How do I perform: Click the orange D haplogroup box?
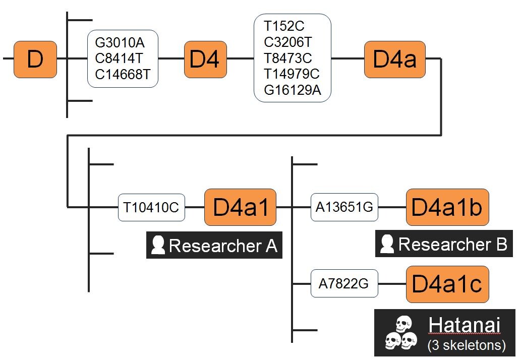click(x=35, y=59)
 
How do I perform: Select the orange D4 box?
click(x=205, y=59)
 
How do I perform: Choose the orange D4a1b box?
click(x=447, y=207)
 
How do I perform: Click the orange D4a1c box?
click(x=447, y=284)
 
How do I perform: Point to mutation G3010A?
click(x=120, y=43)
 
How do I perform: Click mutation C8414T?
click(x=120, y=59)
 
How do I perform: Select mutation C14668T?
click(x=123, y=75)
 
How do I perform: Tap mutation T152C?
click(x=284, y=26)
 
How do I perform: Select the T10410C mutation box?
click(x=151, y=207)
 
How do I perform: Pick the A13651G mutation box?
click(x=344, y=207)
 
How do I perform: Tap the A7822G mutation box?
click(x=344, y=284)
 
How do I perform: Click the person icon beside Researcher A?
click(x=158, y=246)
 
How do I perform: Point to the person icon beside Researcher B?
click(x=387, y=244)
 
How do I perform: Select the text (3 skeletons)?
click(x=466, y=345)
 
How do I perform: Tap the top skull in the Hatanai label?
click(x=403, y=323)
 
